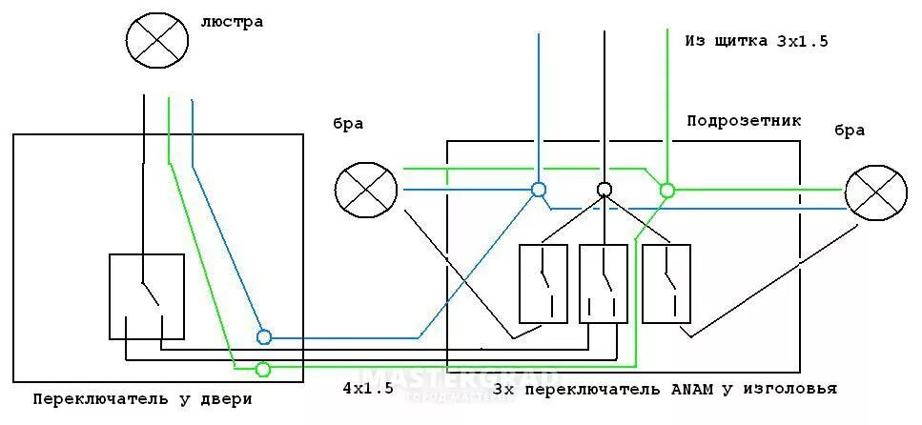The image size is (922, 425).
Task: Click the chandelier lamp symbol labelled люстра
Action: point(156,39)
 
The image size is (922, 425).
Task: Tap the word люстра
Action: point(232,21)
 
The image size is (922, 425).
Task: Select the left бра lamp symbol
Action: point(366,189)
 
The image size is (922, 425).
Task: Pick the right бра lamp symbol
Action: point(875,193)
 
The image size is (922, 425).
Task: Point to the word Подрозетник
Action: point(744,121)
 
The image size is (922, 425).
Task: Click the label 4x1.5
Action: point(367,389)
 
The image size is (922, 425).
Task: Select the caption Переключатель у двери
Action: point(143,397)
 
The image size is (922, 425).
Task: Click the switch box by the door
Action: point(146,295)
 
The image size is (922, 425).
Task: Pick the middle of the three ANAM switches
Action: point(604,283)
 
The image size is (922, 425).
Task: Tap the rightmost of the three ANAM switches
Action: point(666,283)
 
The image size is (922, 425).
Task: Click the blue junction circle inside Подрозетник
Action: point(539,190)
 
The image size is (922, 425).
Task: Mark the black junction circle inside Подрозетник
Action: point(604,190)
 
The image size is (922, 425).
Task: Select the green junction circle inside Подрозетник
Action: point(667,190)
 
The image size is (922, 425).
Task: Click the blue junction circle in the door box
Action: point(264,336)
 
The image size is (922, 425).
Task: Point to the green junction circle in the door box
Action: point(264,369)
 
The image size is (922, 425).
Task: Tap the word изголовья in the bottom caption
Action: point(791,389)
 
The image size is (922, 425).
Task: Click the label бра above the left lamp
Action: point(347,124)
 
